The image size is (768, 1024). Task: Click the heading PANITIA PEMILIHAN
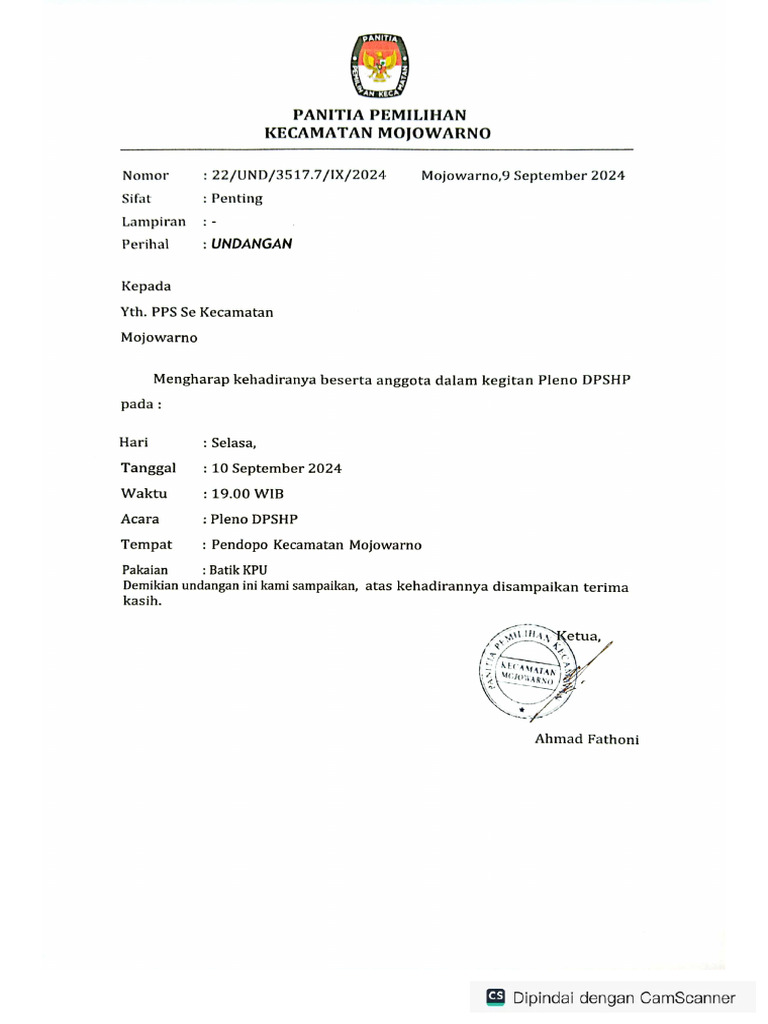pos(379,115)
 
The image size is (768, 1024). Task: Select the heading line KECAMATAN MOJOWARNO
pos(377,133)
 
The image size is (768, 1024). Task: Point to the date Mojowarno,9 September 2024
pos(523,176)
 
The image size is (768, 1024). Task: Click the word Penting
pos(237,198)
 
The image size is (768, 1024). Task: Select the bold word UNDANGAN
pos(252,243)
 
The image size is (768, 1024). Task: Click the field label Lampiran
pos(154,221)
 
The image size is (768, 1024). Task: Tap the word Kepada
pos(146,286)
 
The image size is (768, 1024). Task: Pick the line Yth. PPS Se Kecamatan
pos(197,312)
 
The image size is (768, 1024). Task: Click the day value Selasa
pos(233,443)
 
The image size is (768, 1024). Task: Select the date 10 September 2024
pos(276,468)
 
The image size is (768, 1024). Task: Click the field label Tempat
pos(146,545)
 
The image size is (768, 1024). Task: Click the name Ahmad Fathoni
pos(586,739)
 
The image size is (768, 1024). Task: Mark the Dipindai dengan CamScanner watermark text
pos(625,997)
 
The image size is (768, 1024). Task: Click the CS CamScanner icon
pos(495,996)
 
